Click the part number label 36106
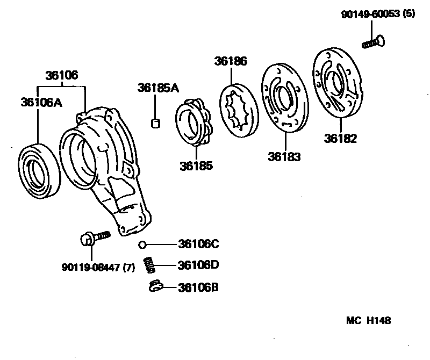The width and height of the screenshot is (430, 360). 61,75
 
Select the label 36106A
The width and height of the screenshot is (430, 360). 41,102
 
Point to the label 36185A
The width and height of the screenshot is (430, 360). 157,88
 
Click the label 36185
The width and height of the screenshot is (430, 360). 196,165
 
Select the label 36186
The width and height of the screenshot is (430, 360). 231,61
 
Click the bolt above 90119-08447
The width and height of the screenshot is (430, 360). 94,237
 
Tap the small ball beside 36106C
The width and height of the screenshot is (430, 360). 142,245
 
